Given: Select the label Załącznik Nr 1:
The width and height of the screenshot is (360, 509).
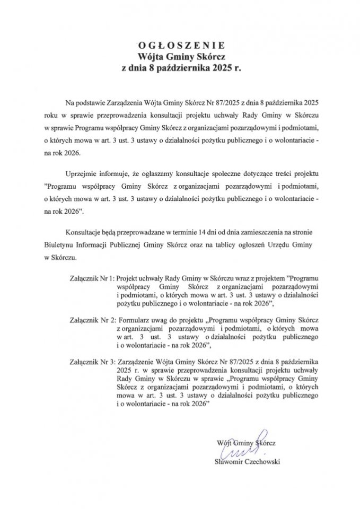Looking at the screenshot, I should click(91, 277).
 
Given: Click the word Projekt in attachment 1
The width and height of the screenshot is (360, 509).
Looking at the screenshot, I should click(127, 277).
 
